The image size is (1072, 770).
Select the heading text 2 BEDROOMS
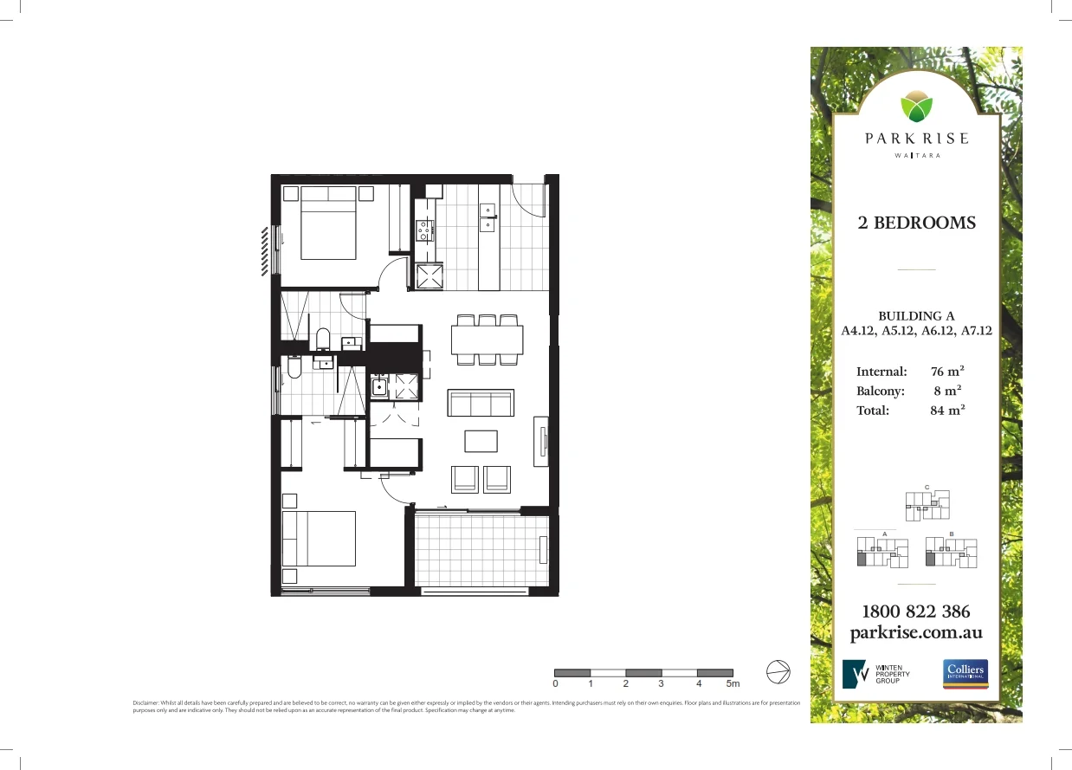point(916,223)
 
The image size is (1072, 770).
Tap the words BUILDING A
point(916,316)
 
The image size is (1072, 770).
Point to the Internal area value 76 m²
point(947,372)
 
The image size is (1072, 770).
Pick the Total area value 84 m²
point(947,411)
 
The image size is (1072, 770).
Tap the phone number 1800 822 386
point(916,611)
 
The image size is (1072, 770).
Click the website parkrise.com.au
point(916,632)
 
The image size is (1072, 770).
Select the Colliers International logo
point(965,673)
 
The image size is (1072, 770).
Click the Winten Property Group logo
point(875,673)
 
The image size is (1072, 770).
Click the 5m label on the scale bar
point(733,683)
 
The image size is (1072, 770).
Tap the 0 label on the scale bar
point(555,683)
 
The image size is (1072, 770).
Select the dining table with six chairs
point(487,339)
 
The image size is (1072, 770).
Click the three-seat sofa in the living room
point(480,404)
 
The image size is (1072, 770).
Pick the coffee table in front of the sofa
point(481,441)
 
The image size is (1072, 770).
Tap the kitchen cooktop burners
point(424,230)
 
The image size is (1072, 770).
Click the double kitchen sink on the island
point(488,217)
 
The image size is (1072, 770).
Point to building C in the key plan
point(927,505)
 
